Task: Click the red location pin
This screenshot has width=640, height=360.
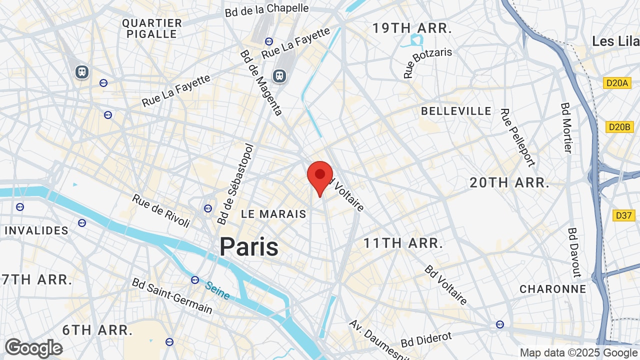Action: pyautogui.click(x=320, y=176)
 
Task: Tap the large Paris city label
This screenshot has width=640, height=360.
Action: pyautogui.click(x=249, y=246)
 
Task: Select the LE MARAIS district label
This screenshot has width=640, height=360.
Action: pyautogui.click(x=273, y=214)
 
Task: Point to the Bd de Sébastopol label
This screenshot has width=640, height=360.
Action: pyautogui.click(x=236, y=185)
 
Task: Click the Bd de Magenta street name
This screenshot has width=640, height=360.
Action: pyautogui.click(x=261, y=82)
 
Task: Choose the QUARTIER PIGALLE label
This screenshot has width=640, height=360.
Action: pyautogui.click(x=152, y=28)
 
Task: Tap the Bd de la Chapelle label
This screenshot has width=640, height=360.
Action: pyautogui.click(x=267, y=9)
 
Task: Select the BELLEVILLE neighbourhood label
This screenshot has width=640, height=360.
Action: pyautogui.click(x=456, y=111)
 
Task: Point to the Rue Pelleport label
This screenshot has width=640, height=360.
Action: pyautogui.click(x=518, y=137)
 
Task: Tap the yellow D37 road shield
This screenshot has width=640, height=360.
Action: pyautogui.click(x=623, y=215)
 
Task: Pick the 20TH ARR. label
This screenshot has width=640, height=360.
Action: pyautogui.click(x=509, y=183)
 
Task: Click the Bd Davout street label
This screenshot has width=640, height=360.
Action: pyautogui.click(x=574, y=252)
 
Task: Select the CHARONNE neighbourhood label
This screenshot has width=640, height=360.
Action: pyautogui.click(x=552, y=289)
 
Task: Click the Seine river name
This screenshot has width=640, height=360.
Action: pyautogui.click(x=217, y=290)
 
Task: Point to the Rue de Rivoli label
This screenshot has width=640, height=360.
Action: pyautogui.click(x=161, y=210)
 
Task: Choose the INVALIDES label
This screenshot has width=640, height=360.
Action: pyautogui.click(x=36, y=230)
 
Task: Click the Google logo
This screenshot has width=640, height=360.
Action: pyautogui.click(x=34, y=348)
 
